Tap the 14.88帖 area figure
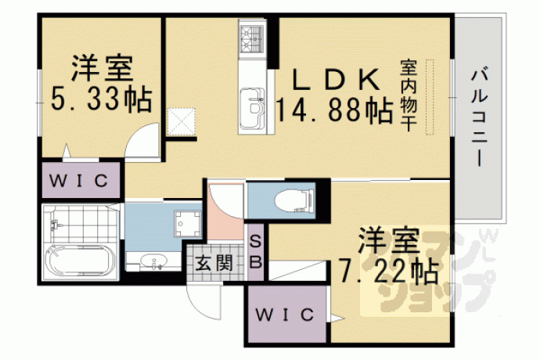pyautogui.click(x=335, y=110)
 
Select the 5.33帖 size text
pyautogui.click(x=101, y=99)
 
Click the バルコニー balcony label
pyautogui.click(x=479, y=118)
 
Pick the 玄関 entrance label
pyautogui.click(x=214, y=264)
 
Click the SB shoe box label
pyautogui.click(x=256, y=253)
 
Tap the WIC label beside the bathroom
pyautogui.click(x=79, y=181)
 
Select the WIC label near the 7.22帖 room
pyautogui.click(x=285, y=314)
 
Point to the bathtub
pyautogui.click(x=81, y=260)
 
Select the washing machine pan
pyautogui.click(x=187, y=224)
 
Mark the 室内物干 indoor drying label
pyautogui.click(x=408, y=95)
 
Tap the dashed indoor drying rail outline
pyautogui.click(x=430, y=97)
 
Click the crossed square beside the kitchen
pyautogui.click(x=181, y=121)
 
